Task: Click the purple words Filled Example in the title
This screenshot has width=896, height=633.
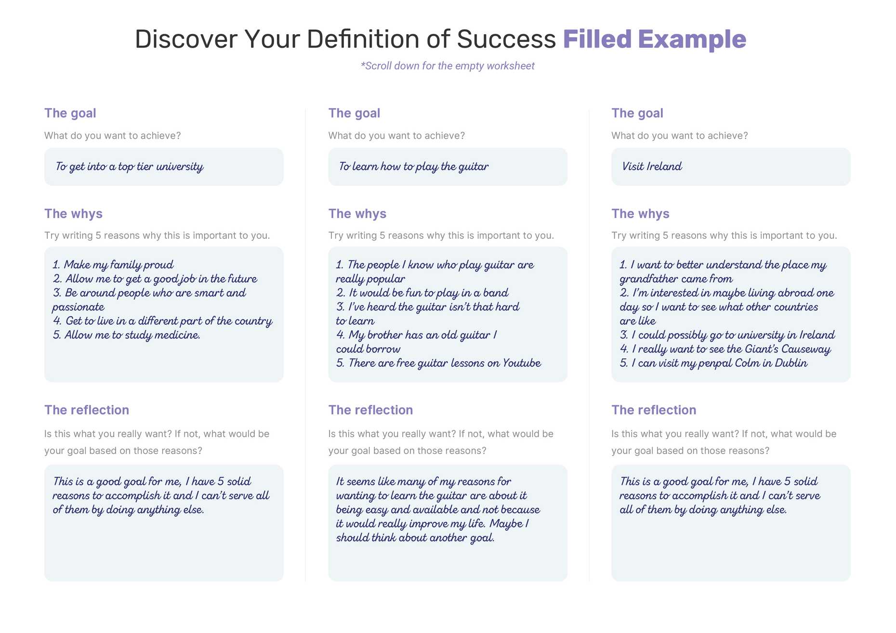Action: [654, 39]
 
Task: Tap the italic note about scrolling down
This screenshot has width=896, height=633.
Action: [448, 66]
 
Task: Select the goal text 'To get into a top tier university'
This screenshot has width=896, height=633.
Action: [129, 167]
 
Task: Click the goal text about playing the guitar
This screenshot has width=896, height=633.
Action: [413, 167]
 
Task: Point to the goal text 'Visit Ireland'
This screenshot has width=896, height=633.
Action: [652, 167]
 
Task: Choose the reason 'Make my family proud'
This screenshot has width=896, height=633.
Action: [113, 265]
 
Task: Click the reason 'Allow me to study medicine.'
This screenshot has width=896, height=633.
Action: [127, 335]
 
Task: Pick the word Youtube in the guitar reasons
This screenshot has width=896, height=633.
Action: [521, 363]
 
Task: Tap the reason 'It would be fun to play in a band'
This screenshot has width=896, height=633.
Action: [422, 293]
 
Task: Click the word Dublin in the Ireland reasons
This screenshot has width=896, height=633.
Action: [791, 363]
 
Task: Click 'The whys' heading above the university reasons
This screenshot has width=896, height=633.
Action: [73, 214]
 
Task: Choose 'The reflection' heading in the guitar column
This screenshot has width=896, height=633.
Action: [370, 410]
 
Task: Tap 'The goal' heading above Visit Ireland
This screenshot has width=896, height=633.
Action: [637, 113]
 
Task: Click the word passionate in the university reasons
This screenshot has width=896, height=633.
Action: [78, 307]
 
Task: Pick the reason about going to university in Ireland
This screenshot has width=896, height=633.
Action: [727, 335]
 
